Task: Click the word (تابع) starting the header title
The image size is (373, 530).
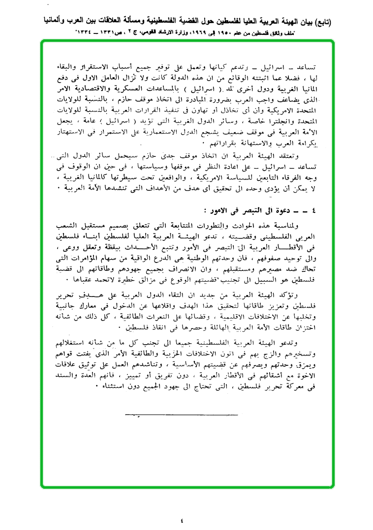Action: tap(320, 22)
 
